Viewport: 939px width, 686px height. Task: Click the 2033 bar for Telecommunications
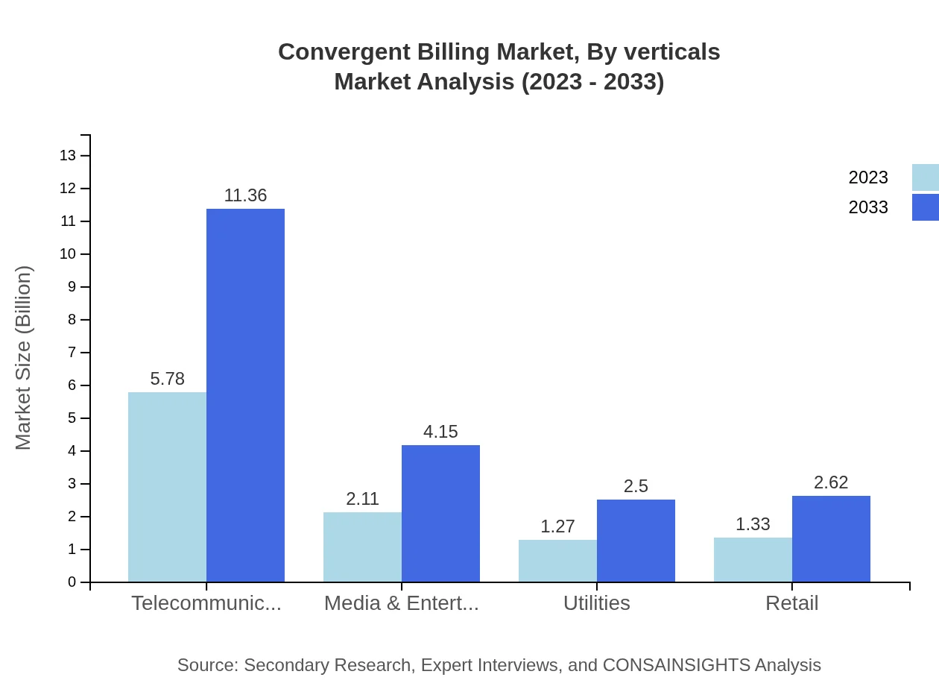(x=245, y=395)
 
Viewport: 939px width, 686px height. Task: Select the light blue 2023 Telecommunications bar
(x=167, y=487)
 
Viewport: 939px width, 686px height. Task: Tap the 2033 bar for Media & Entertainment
(x=440, y=513)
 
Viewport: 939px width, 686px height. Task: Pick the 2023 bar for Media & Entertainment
(x=362, y=547)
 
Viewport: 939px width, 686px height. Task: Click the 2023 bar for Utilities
(x=557, y=561)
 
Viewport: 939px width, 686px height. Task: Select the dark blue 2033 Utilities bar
(x=636, y=541)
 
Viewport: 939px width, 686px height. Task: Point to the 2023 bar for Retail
(x=753, y=559)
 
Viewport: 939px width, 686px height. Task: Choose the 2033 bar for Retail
(x=831, y=538)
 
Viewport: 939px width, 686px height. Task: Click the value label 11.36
(x=245, y=195)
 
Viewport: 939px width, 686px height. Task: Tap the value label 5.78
(x=167, y=379)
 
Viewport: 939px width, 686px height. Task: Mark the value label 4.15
(x=440, y=432)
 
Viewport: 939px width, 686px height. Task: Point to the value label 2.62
(x=831, y=482)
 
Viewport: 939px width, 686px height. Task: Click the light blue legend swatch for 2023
(x=925, y=177)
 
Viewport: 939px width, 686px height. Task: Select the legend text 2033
(x=868, y=207)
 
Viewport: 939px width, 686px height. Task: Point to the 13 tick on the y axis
(x=68, y=155)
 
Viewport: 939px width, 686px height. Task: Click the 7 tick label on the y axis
(x=72, y=353)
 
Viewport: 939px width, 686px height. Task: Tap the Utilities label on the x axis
(x=596, y=602)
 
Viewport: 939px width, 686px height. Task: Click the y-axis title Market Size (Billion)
(x=23, y=358)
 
